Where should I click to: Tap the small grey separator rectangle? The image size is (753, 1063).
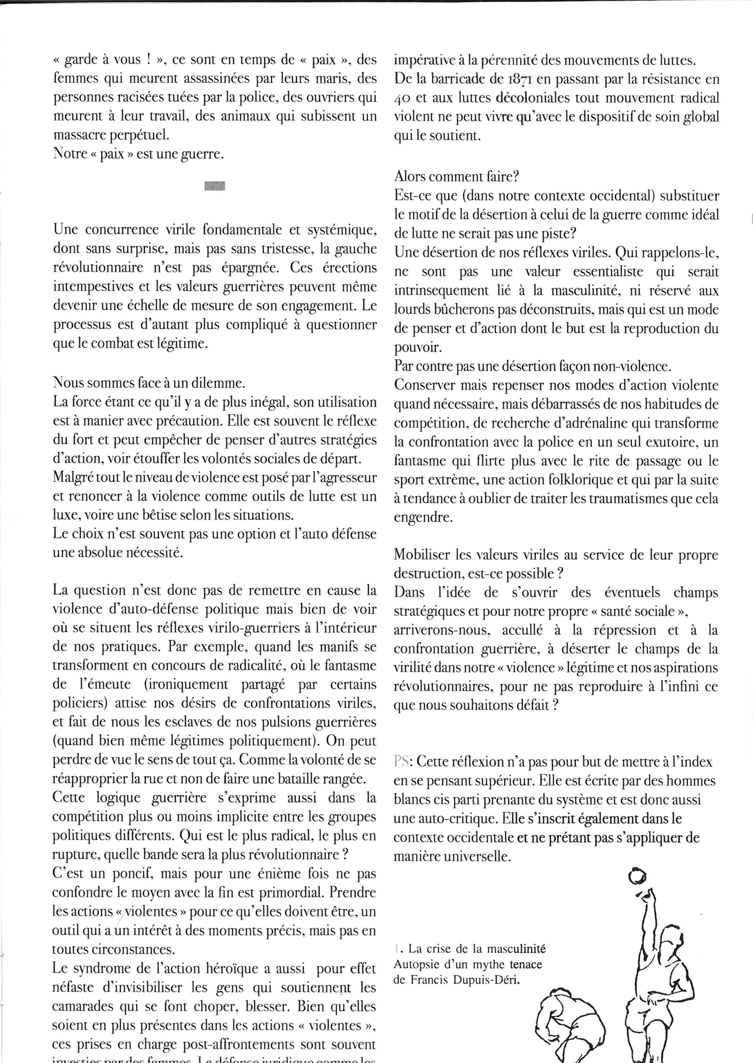[214, 186]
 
